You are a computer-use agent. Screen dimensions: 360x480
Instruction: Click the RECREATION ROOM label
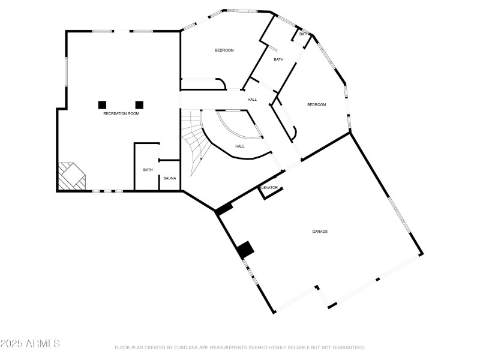pyautogui.click(x=121, y=113)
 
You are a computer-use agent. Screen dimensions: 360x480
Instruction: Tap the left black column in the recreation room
pyautogui.click(x=103, y=104)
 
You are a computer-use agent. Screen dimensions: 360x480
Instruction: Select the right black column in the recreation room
pyautogui.click(x=139, y=104)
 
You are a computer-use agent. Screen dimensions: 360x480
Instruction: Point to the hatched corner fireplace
pyautogui.click(x=71, y=177)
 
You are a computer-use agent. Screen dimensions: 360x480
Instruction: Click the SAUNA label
pyautogui.click(x=169, y=178)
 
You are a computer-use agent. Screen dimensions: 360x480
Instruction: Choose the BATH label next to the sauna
pyautogui.click(x=148, y=170)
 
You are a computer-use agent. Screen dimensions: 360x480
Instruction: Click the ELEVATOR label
pyautogui.click(x=269, y=188)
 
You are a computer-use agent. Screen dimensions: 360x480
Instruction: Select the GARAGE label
pyautogui.click(x=320, y=231)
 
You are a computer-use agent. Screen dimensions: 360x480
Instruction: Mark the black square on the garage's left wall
pyautogui.click(x=245, y=250)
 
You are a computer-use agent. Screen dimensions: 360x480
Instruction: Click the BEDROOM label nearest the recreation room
pyautogui.click(x=224, y=50)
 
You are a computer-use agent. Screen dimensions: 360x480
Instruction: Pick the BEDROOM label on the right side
pyautogui.click(x=316, y=105)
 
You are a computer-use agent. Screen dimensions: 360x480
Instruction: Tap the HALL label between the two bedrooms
pyautogui.click(x=252, y=99)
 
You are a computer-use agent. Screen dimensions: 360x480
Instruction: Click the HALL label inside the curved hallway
pyautogui.click(x=239, y=146)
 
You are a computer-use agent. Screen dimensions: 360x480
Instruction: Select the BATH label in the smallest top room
pyautogui.click(x=305, y=34)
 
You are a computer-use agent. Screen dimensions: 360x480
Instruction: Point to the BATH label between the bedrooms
pyautogui.click(x=278, y=59)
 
